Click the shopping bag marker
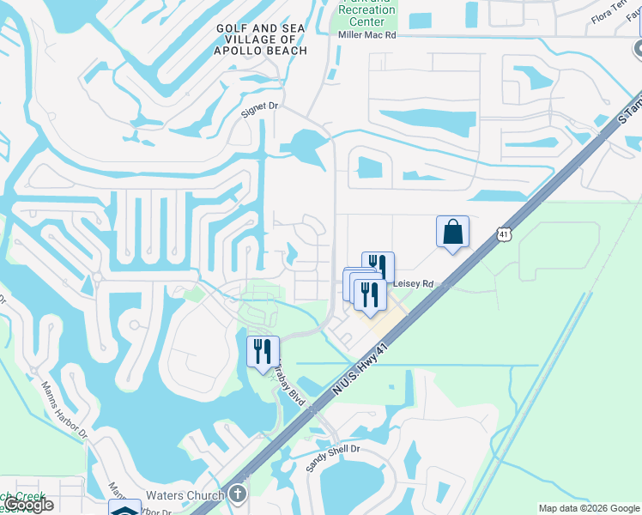click(x=452, y=233)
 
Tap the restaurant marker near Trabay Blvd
click(x=263, y=352)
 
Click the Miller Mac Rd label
click(x=367, y=35)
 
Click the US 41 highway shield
click(x=503, y=234)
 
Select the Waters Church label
click(x=185, y=495)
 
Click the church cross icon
click(x=238, y=494)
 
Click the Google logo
click(x=28, y=505)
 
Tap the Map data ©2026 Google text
click(x=589, y=508)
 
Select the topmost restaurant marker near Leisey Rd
click(x=379, y=268)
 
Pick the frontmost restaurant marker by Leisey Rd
click(x=370, y=295)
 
